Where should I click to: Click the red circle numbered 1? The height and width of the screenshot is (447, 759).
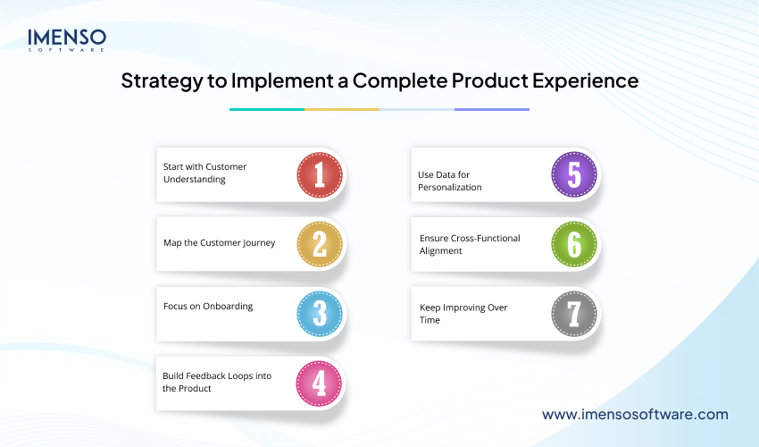[x=320, y=174]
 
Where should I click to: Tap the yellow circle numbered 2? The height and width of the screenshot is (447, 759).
[x=320, y=244]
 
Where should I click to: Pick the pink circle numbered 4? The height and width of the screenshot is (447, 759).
[x=320, y=384]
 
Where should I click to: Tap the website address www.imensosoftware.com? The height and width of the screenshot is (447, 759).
[x=635, y=415]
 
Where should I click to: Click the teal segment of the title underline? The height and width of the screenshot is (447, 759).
[x=267, y=109]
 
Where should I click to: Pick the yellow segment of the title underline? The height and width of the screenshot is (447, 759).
[x=342, y=109]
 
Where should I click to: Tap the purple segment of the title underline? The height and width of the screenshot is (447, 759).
[x=492, y=109]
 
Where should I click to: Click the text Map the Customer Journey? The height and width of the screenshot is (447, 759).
[x=219, y=243]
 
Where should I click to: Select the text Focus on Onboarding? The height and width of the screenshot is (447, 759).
[x=208, y=306]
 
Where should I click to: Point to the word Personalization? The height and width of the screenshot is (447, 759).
[x=450, y=187]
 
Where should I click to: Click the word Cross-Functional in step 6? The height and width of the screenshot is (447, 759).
[x=488, y=239]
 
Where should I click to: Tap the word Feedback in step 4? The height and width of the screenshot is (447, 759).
[x=207, y=375]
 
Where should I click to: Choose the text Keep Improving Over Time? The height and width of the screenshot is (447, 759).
[x=463, y=313]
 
